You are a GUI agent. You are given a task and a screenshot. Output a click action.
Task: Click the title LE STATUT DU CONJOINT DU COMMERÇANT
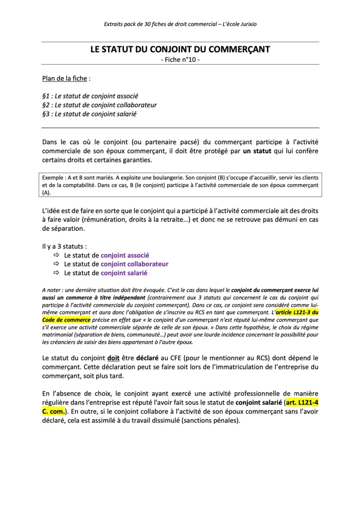tap(180, 49)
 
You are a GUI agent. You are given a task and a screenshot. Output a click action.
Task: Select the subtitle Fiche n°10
tap(180, 60)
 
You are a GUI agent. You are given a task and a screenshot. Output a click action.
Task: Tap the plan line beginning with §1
tap(90, 96)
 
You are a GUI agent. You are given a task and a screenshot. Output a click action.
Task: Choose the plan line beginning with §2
tap(100, 105)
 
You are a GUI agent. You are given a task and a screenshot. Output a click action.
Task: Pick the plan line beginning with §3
tap(89, 114)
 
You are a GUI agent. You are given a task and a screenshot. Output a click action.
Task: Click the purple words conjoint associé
tap(125, 255)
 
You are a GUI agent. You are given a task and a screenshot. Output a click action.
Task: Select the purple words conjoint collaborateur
tap(134, 264)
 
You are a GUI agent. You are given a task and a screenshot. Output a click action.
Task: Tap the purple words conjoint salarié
tap(124, 273)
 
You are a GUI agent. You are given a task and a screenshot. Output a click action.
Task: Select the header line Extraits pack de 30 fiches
tap(180, 23)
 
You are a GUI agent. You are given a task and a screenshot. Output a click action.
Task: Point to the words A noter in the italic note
tap(52, 289)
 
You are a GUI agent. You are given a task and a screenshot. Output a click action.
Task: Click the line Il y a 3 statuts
tap(65, 246)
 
